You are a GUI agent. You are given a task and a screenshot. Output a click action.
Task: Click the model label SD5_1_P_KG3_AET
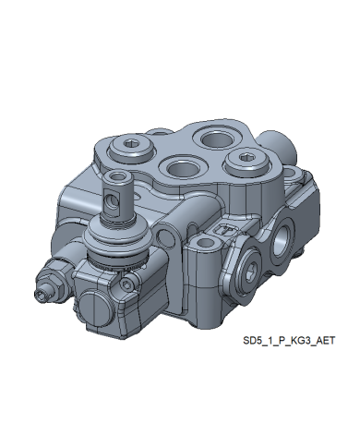pyautogui.click(x=289, y=341)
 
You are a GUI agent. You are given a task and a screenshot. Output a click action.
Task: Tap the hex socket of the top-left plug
pyautogui.click(x=131, y=143)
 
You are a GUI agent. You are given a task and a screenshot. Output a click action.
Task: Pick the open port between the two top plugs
pyautogui.click(x=182, y=167)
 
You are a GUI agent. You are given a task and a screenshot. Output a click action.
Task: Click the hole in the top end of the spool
pyautogui.click(x=118, y=176)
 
